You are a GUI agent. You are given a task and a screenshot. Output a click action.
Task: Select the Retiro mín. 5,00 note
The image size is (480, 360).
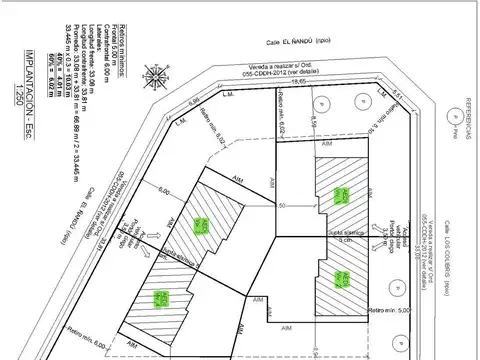391,312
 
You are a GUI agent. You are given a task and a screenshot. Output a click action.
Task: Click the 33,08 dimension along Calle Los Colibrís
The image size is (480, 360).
403,241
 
